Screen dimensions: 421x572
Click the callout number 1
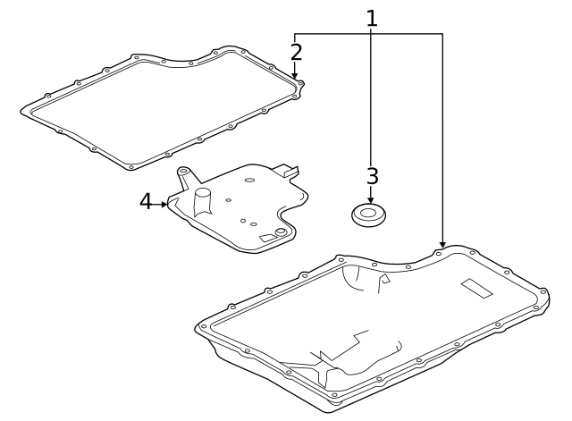pos(371,17)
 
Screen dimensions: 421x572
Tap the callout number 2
pos(296,53)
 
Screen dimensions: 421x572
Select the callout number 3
pos(372,175)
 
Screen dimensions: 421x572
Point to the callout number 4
pos(146,202)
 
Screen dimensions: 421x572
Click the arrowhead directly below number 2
pos(296,77)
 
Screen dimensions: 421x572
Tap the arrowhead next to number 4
pos(164,204)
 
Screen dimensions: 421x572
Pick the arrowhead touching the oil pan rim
pos(442,244)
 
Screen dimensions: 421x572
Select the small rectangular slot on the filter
pos(266,237)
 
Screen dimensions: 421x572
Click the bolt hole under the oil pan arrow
pos(438,254)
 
